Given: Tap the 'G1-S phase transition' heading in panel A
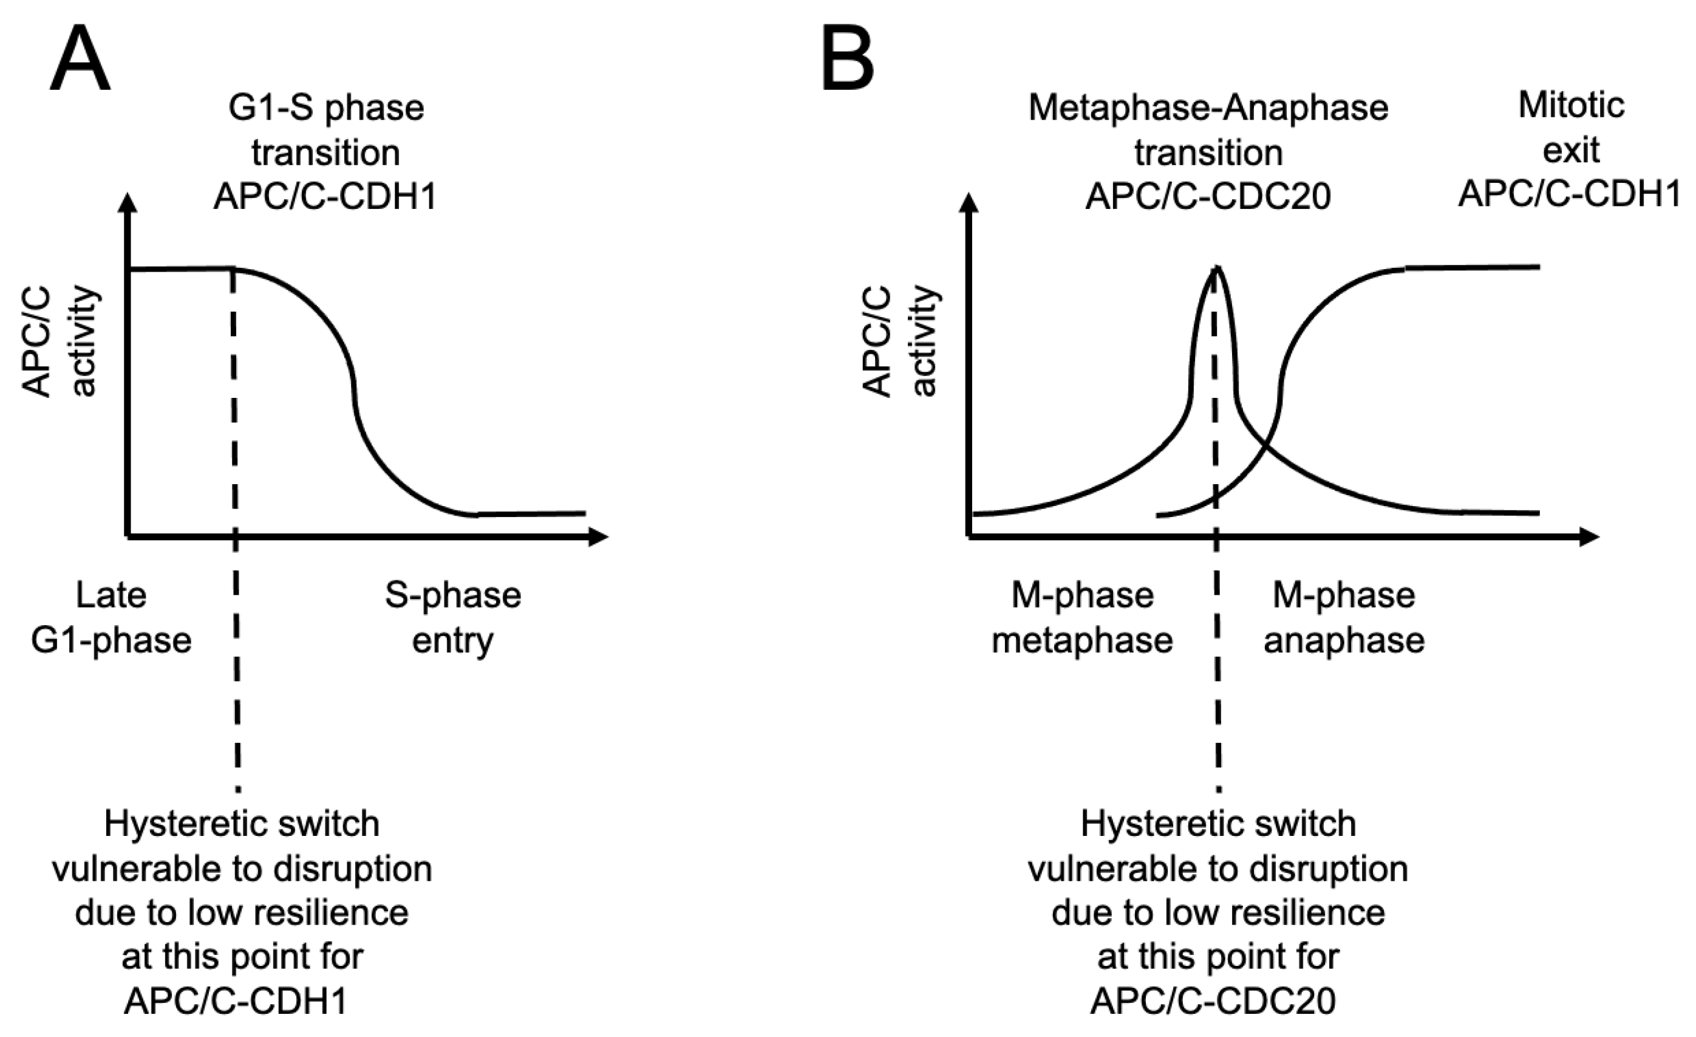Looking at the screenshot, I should (325, 129).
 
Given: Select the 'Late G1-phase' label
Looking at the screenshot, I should (111, 618).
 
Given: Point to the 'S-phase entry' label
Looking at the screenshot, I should (453, 618).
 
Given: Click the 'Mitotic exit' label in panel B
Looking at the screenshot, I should (1571, 128).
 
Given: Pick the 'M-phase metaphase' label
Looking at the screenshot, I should (1082, 618).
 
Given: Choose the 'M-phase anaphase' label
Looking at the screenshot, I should (1344, 618).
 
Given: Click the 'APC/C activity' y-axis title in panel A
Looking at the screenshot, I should (60, 341).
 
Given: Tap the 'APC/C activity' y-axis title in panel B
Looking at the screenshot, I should (901, 341).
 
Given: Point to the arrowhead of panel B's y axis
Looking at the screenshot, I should (969, 204).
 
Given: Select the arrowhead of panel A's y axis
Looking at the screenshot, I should (128, 204).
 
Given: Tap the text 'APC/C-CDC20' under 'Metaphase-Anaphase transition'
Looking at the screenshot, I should (1208, 197).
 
